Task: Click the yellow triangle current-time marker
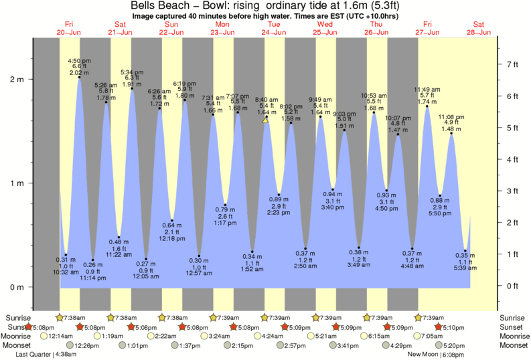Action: (266, 120)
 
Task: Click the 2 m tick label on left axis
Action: (16, 79)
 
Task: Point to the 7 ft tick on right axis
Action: (512, 64)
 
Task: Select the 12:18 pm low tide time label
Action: (172, 238)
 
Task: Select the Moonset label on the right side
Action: (514, 345)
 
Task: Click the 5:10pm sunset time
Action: (452, 328)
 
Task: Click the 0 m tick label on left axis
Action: (16, 287)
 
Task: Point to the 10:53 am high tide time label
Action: (374, 96)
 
